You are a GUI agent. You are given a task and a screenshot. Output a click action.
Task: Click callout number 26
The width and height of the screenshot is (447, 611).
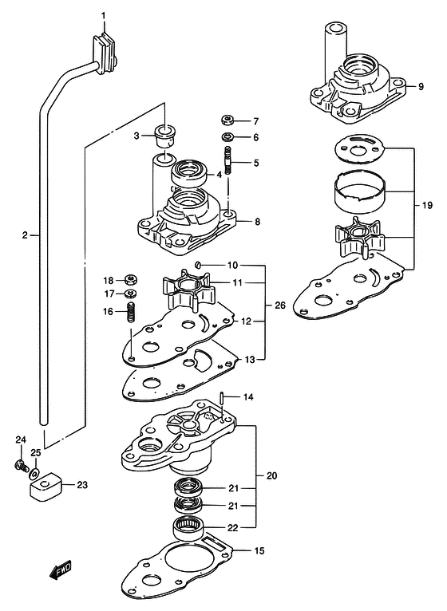click(x=280, y=305)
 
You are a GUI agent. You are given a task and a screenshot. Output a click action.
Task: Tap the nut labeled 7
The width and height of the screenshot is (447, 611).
click(x=227, y=120)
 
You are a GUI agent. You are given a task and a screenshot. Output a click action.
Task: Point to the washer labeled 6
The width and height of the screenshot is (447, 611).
click(x=227, y=136)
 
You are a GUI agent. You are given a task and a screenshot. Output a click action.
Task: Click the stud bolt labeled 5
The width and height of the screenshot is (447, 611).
click(x=227, y=160)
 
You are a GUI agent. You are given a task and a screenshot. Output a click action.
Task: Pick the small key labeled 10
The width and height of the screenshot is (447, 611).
click(x=197, y=266)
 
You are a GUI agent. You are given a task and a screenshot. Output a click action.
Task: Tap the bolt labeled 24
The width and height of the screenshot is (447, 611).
click(x=21, y=465)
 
